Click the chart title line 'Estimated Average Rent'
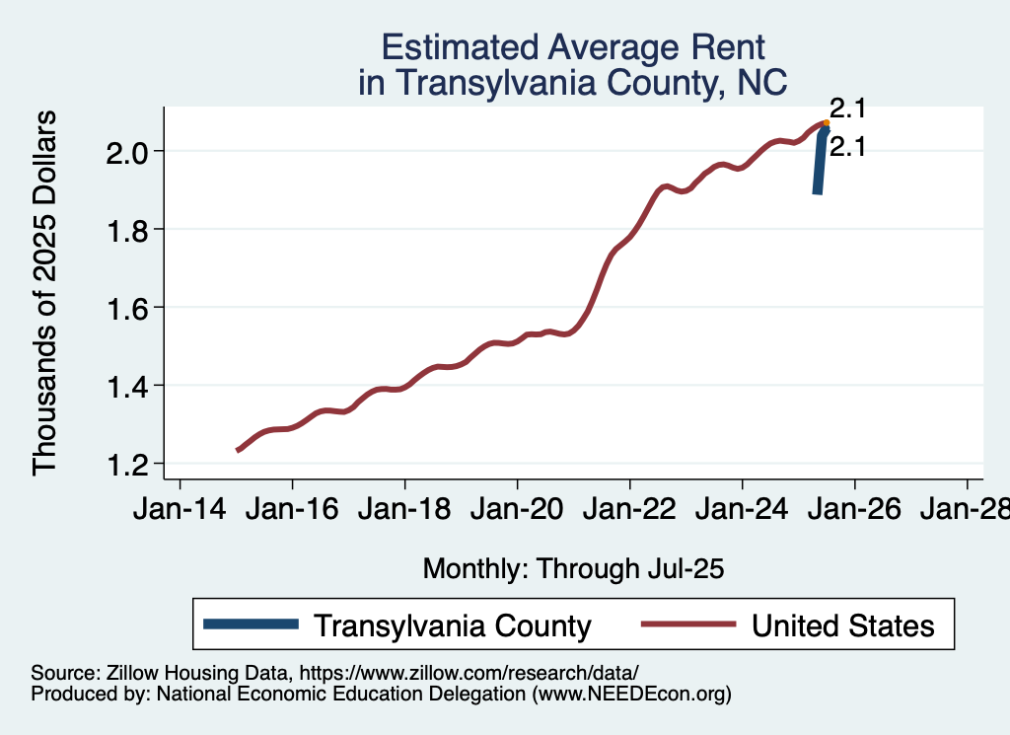point(573,46)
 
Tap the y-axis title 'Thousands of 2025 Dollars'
point(45,292)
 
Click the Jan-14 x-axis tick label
point(180,510)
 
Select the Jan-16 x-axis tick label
point(292,510)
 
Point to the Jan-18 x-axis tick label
point(404,510)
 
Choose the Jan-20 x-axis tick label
point(517,510)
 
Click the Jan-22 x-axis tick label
point(629,510)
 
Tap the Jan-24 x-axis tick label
point(742,510)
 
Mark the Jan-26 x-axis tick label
point(854,510)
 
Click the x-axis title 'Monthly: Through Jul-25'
point(573,568)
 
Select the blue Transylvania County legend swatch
point(251,624)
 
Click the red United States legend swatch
point(687,624)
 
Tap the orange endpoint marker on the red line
point(826,123)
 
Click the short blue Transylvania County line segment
point(820,163)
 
